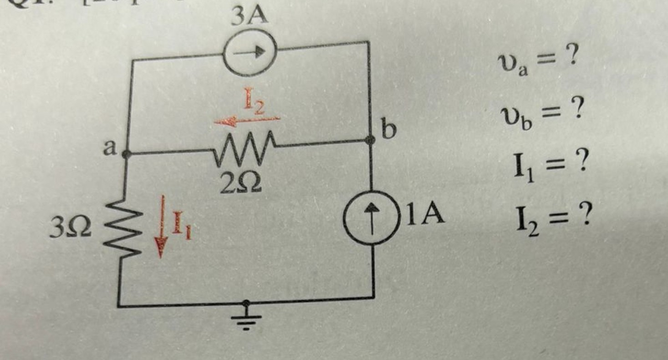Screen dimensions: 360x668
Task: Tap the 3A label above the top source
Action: click(249, 17)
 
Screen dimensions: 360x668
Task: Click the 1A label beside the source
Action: click(425, 215)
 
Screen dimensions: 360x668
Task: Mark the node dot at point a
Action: click(127, 154)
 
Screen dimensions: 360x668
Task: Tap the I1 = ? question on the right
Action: click(548, 166)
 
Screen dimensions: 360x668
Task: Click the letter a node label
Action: click(109, 148)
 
